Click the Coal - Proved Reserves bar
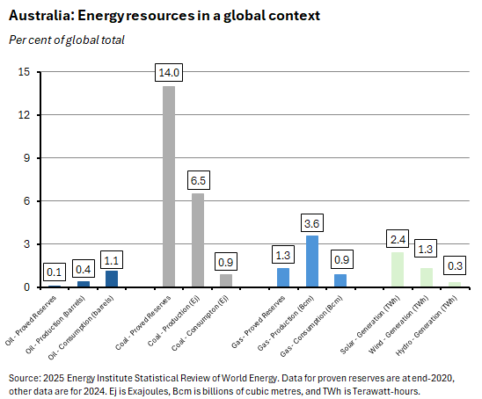coord(169,186)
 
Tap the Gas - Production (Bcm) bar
coord(311,261)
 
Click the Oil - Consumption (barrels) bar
coord(112,279)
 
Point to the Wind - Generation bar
coord(426,278)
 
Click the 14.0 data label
coord(169,72)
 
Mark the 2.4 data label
coord(398,238)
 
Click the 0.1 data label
coord(55,271)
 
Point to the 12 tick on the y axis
coord(25,115)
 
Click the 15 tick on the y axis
coord(25,72)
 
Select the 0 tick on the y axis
coord(27,287)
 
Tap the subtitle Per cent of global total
coord(66,40)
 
